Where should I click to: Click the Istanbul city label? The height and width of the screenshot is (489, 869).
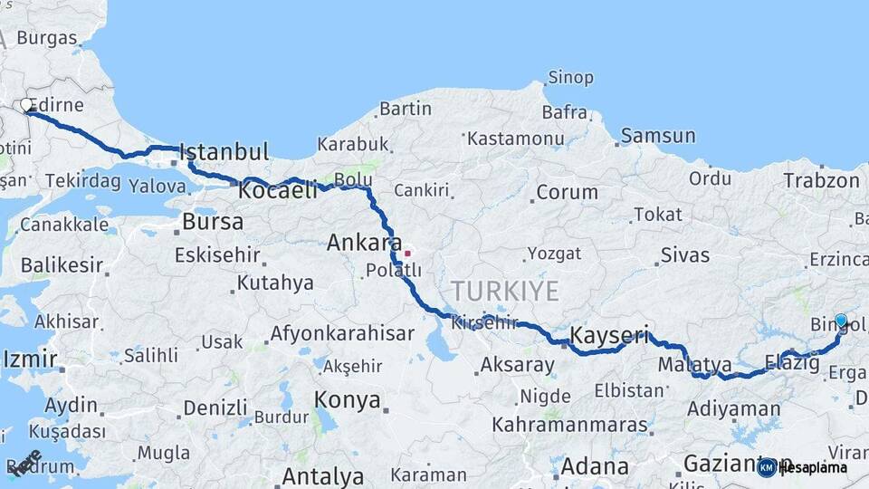(224, 151)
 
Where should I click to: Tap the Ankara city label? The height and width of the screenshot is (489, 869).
(364, 243)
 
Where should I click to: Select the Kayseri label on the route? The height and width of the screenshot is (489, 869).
(609, 336)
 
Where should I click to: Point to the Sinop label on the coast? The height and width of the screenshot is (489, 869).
(570, 78)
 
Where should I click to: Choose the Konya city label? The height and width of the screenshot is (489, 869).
(347, 400)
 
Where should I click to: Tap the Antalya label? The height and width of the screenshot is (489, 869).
(322, 476)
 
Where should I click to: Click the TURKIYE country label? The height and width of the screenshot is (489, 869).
(505, 291)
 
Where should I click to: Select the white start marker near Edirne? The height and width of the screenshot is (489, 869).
(26, 105)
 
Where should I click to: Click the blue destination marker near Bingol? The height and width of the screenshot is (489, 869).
(841, 321)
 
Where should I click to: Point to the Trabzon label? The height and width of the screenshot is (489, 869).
(821, 180)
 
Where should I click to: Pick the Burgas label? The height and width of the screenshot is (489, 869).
(46, 38)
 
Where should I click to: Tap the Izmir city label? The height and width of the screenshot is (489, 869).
(30, 360)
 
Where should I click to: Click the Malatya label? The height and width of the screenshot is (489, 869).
(694, 365)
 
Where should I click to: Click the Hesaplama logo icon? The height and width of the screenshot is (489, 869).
(767, 467)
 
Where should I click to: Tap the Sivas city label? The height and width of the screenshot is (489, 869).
(684, 254)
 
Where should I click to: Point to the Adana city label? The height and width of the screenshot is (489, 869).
(594, 467)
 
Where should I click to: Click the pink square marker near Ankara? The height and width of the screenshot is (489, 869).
(408, 254)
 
